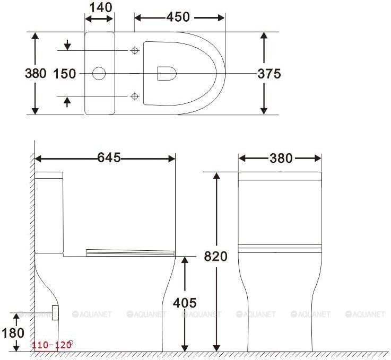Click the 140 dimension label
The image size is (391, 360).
[101, 8]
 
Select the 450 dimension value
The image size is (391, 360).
[178, 17]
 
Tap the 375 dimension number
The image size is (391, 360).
[269, 74]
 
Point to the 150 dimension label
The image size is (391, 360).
[65, 74]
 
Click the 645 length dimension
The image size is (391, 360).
[109, 157]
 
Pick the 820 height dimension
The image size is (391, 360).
[216, 257]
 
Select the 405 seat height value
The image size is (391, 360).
[185, 303]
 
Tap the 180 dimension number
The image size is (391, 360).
[13, 333]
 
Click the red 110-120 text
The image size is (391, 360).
[51, 345]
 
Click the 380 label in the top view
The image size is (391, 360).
[36, 74]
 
